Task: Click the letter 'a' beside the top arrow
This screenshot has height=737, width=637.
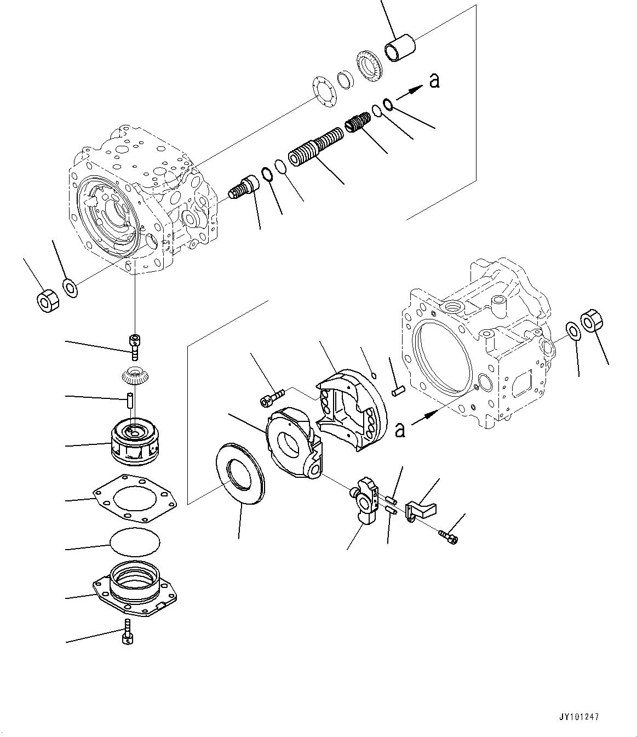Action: pyautogui.click(x=434, y=81)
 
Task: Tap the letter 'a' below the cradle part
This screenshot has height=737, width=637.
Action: pyautogui.click(x=400, y=430)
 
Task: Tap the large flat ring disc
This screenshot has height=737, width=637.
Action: pyautogui.click(x=240, y=475)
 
